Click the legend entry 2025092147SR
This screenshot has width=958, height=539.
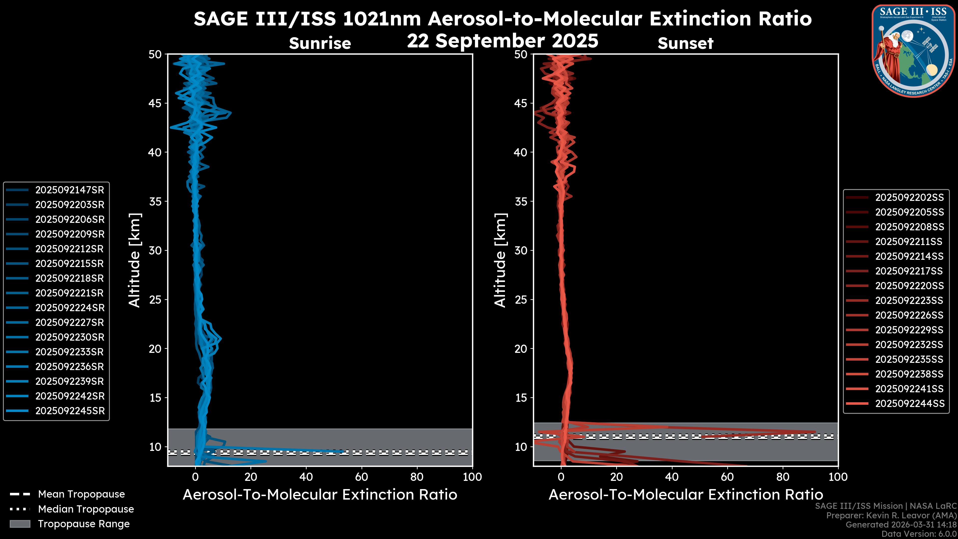click(70, 190)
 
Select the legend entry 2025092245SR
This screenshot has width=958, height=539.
click(70, 411)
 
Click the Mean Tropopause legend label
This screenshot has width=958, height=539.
click(81, 494)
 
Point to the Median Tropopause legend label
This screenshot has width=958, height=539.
click(86, 509)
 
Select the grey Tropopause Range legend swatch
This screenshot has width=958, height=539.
click(20, 524)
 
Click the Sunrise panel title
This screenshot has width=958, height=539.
click(320, 43)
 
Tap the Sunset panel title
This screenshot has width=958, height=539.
click(685, 43)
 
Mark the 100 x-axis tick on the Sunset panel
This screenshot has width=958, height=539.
click(838, 477)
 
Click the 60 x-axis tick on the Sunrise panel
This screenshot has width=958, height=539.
click(361, 477)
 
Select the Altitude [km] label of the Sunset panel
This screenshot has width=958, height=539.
click(500, 260)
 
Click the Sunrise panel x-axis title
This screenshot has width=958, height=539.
click(320, 495)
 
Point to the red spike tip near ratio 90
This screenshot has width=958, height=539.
click(815, 432)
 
